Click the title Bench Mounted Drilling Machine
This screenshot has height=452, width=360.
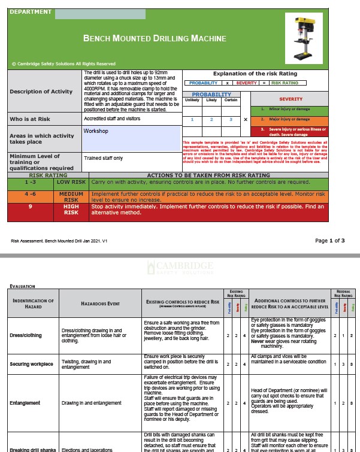[x=155, y=39]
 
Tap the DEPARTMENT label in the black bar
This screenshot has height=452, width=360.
[x=31, y=11]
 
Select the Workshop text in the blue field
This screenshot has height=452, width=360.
[x=96, y=131]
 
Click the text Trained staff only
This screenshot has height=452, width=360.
[x=103, y=158]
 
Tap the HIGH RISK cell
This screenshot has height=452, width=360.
[x=71, y=209]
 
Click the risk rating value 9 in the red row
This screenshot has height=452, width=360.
[x=30, y=206]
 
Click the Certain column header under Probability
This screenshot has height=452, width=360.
[x=230, y=100]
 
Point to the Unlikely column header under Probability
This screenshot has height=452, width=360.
[x=192, y=100]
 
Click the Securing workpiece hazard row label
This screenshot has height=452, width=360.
[x=33, y=364]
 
